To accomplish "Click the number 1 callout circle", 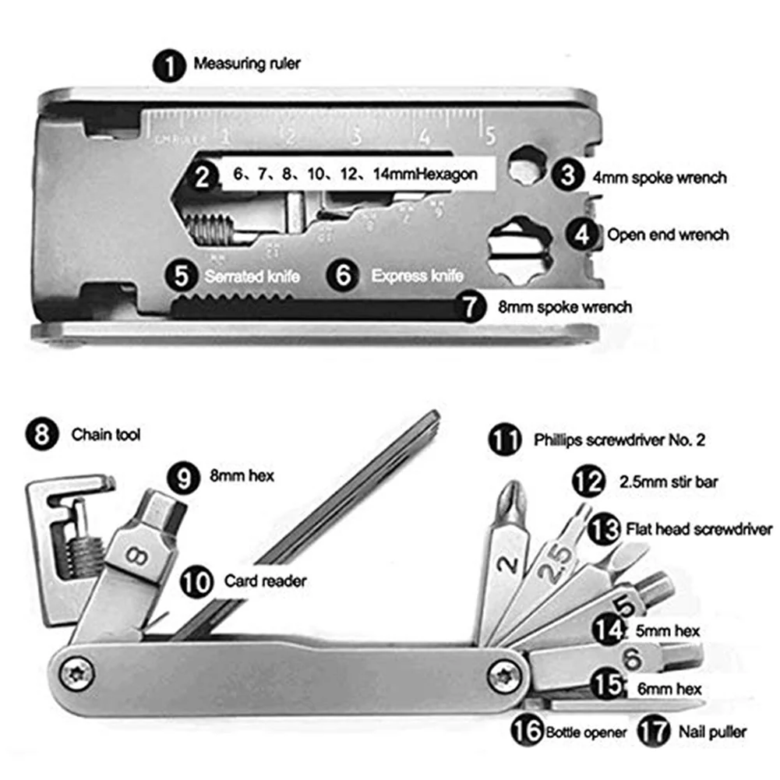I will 169,65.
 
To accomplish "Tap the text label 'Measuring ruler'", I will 246,63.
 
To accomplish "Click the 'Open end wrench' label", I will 668,234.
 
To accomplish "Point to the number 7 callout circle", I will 475,306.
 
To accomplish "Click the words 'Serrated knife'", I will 252,276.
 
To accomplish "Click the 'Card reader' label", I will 265,581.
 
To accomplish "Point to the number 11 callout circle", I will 506,439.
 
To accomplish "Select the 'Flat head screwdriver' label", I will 698,529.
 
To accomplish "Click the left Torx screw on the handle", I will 79,672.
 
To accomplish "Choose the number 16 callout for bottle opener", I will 528,732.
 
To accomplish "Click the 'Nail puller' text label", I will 711,732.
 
